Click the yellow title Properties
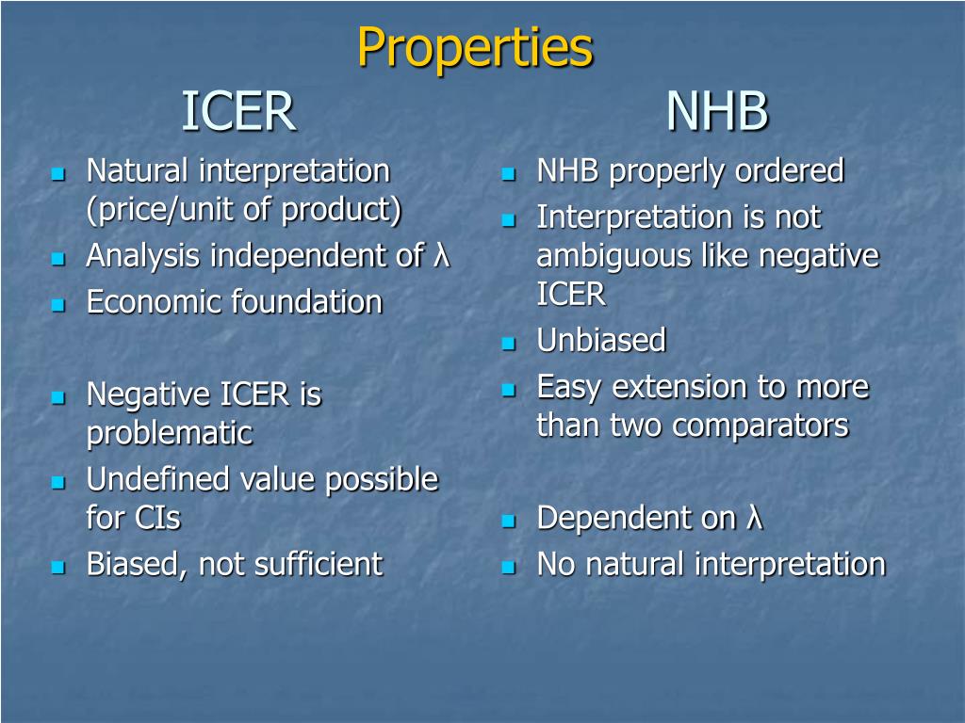[x=475, y=48]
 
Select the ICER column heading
[x=238, y=111]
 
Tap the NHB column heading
[x=717, y=111]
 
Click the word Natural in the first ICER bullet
[x=138, y=170]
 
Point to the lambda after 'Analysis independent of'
[x=441, y=254]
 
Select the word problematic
[x=170, y=433]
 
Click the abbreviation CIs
[x=156, y=518]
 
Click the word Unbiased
[x=601, y=340]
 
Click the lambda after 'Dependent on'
[x=754, y=518]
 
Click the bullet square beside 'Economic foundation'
[x=57, y=304]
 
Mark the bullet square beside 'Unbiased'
[x=508, y=343]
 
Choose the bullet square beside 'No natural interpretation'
[x=508, y=566]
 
